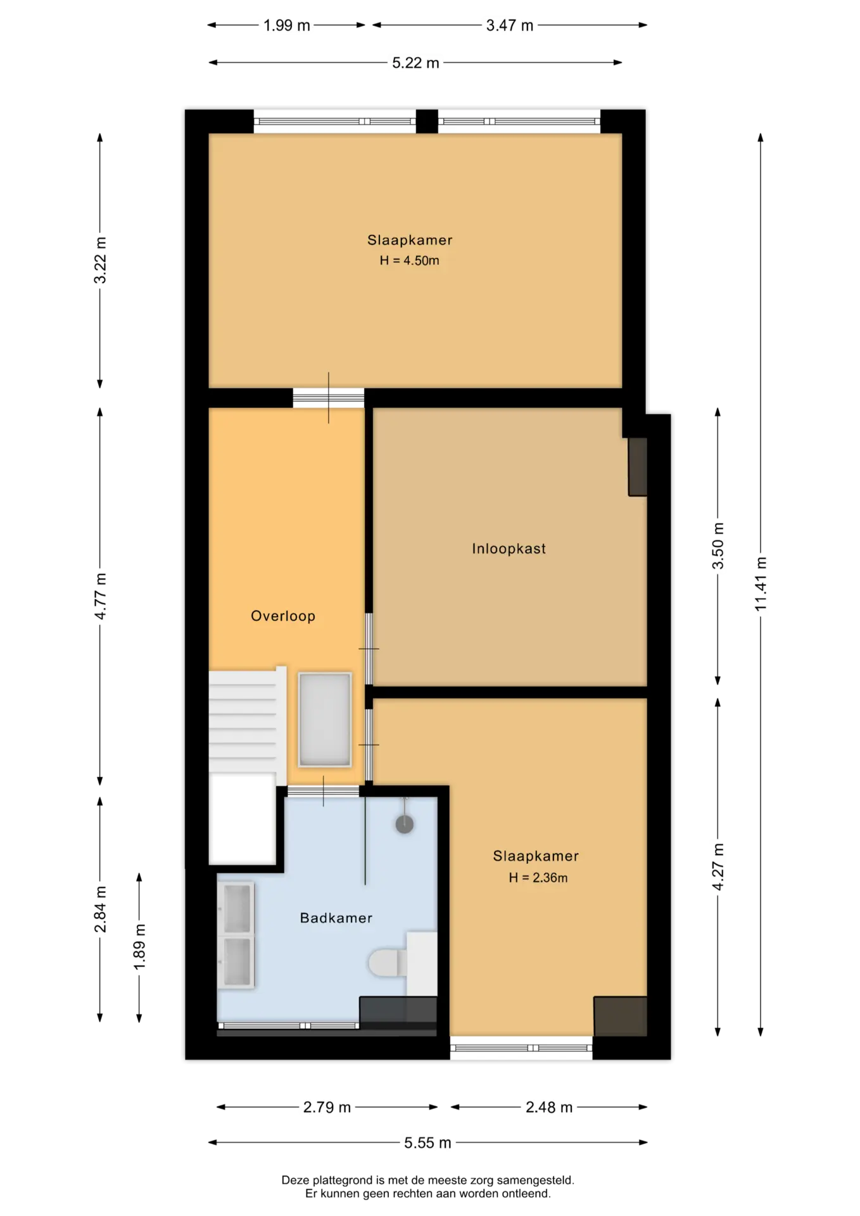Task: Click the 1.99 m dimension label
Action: coord(287,25)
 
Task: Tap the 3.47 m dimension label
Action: coord(510,25)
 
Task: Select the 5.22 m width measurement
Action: coord(415,63)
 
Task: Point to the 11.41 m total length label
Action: coord(761,584)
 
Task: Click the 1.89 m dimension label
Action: coord(139,946)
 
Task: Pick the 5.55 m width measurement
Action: coord(427,1143)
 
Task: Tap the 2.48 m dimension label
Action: coord(549,1107)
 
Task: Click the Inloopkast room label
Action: coord(509,548)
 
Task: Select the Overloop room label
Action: coord(283,616)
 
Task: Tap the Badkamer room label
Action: coord(336,918)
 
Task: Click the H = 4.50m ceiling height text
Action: coord(409,260)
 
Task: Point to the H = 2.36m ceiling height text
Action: coord(538,877)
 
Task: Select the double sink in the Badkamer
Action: coord(236,935)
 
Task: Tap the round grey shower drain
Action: coord(405,824)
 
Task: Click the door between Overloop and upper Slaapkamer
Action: coord(328,398)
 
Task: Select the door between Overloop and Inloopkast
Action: coord(369,649)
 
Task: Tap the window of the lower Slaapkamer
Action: coord(521,1048)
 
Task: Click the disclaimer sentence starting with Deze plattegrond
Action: coord(427,1180)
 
